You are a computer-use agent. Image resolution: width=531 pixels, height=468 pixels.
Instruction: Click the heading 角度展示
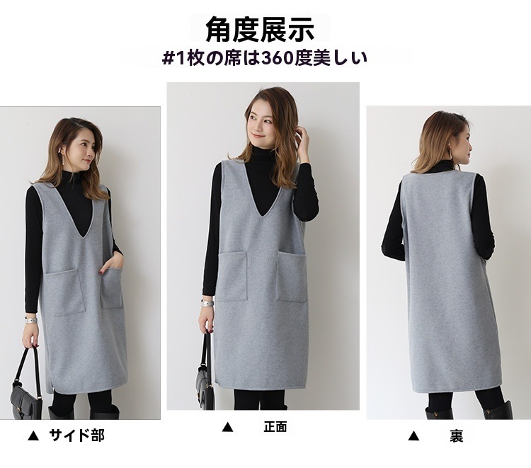coord(260,29)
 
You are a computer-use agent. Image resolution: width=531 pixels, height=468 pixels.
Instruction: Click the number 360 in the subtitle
coord(277,58)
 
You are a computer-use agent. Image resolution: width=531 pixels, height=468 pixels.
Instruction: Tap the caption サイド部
coord(77,435)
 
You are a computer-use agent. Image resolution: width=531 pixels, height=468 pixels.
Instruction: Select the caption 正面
coord(275,427)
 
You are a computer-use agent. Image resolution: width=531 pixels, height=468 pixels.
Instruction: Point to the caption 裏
coord(456,435)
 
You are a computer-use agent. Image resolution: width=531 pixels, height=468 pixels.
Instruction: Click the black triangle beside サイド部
coord(33,435)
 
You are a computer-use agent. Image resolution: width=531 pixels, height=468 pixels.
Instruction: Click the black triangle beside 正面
coord(227,427)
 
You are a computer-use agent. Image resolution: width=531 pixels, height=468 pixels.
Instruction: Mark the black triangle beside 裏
coord(413,436)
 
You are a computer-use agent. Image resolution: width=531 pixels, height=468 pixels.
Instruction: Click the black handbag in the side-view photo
coord(26,389)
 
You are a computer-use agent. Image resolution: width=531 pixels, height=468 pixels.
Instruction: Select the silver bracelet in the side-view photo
coord(31,320)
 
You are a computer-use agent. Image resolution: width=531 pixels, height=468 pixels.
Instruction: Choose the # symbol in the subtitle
coord(168,59)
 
